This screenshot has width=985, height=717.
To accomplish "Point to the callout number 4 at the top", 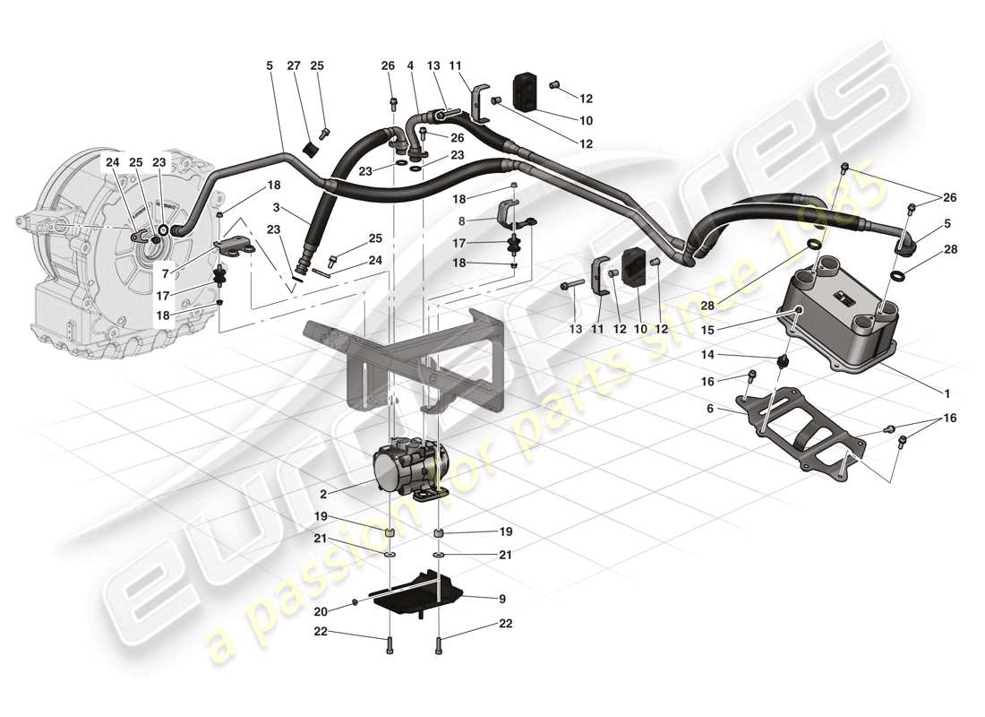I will [x=410, y=65].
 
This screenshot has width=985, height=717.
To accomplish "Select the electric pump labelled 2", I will [x=410, y=466].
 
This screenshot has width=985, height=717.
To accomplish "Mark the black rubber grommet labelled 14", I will [x=784, y=360].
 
